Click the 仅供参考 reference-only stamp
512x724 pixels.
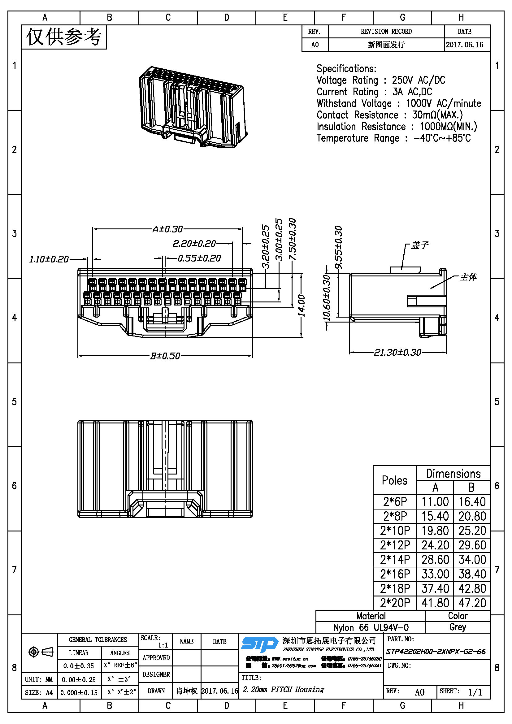click(64, 37)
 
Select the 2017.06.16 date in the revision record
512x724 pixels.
click(464, 45)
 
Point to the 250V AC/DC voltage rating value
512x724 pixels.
click(419, 80)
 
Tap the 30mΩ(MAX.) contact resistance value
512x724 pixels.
click(437, 115)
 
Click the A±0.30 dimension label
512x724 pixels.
click(167, 229)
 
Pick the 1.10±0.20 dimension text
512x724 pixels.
click(49, 259)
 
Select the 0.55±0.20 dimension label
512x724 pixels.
click(199, 258)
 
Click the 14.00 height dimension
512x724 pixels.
click(302, 305)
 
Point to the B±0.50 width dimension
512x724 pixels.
click(165, 356)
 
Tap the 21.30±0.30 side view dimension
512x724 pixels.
click(397, 352)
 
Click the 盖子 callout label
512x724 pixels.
click(420, 245)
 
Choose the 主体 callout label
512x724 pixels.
click(468, 277)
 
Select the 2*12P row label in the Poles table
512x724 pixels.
click(395, 545)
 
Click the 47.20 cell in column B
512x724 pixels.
click(472, 603)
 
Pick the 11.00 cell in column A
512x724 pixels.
click(435, 502)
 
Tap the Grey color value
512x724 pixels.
click(458, 627)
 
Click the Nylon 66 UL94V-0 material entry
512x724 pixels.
click(371, 627)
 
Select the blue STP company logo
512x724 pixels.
click(259, 644)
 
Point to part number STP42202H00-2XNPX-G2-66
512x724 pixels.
click(436, 651)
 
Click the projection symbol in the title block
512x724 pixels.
click(41, 652)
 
